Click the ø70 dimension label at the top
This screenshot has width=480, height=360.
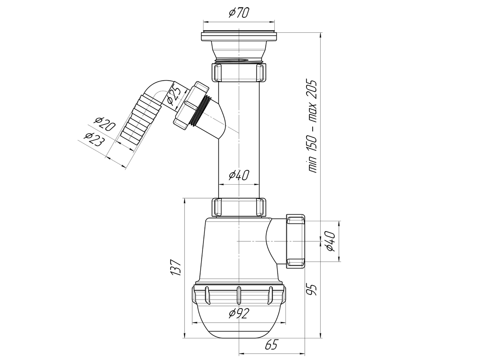point(239,13)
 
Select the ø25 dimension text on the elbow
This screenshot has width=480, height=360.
point(174,95)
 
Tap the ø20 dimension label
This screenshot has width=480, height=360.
point(105,124)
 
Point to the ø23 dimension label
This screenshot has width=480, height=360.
point(93,139)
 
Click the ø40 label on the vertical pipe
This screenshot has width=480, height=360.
point(239,175)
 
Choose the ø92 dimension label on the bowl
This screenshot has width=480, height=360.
point(239,313)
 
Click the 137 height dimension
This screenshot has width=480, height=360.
point(177,268)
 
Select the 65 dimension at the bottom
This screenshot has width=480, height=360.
point(271,345)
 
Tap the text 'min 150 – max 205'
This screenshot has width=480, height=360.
point(313,126)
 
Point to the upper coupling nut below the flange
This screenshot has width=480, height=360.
point(239,72)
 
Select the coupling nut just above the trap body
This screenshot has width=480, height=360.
point(239,207)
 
